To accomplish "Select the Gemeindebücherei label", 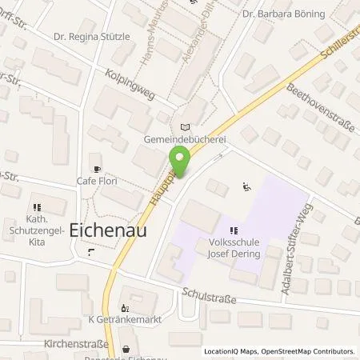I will click(x=186, y=138).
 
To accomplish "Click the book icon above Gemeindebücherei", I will click(x=186, y=126).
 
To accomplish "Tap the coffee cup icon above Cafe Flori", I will click(x=98, y=169).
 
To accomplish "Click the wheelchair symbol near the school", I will click(x=247, y=188).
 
